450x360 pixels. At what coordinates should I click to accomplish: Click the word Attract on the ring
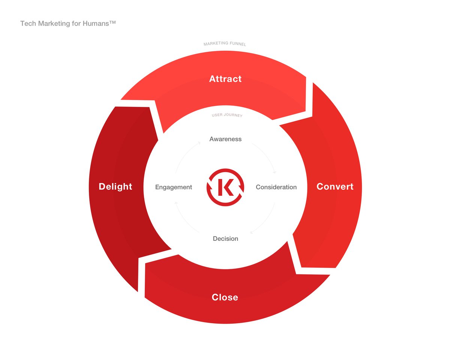[x=225, y=79]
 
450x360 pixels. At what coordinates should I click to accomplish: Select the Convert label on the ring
[x=335, y=187]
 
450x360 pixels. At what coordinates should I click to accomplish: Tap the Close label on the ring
[x=225, y=297]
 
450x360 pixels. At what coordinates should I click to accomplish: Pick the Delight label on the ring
[x=115, y=187]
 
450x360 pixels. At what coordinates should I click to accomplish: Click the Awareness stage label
[x=225, y=139]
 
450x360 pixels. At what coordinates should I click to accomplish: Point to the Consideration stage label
[x=276, y=187]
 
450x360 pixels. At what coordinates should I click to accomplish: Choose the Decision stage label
[x=225, y=238]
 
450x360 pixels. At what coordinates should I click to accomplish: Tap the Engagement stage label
[x=174, y=187]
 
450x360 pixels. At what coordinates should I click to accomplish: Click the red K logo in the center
[x=225, y=187]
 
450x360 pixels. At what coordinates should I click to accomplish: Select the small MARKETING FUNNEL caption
[x=225, y=44]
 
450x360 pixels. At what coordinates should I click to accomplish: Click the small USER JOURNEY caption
[x=227, y=115]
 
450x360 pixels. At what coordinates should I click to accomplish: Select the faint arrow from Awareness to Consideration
[x=267, y=156]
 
